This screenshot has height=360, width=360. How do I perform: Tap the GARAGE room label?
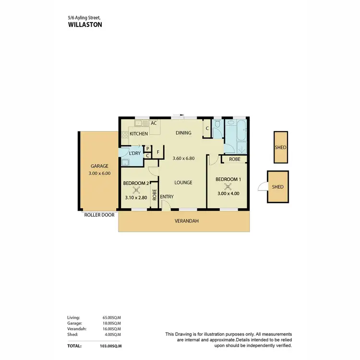100,166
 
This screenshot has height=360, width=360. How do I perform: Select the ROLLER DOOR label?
99,215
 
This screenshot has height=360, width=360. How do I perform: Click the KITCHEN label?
139,133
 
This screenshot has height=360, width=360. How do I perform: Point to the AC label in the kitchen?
154,123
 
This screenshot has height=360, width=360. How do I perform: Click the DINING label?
183,133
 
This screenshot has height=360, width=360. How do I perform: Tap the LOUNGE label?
183,182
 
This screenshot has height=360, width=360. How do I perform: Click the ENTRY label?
167,197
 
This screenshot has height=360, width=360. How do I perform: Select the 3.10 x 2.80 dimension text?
135,198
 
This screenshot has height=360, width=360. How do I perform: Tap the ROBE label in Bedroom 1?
235,159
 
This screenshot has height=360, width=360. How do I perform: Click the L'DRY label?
134,153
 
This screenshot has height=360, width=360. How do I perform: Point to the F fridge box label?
157,152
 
